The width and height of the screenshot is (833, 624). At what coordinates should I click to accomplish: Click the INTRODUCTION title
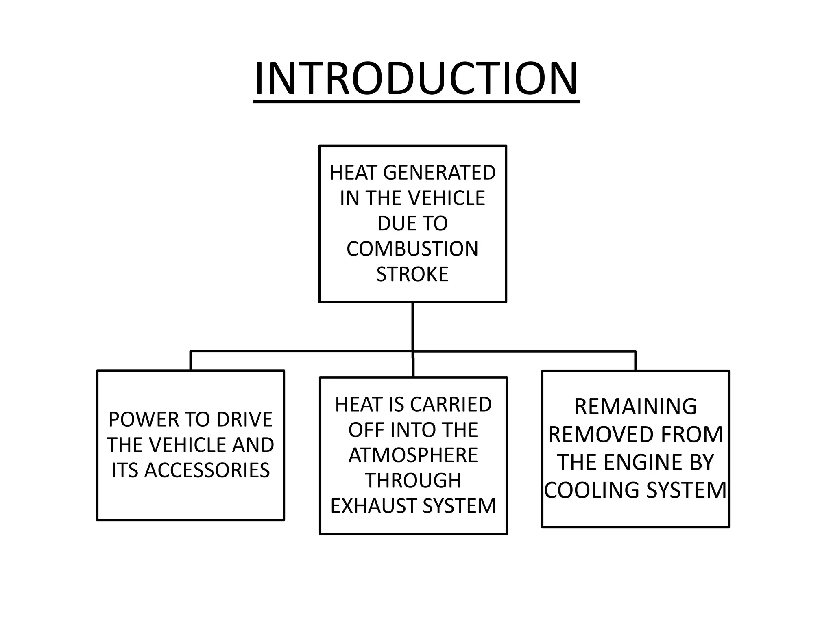pyautogui.click(x=416, y=78)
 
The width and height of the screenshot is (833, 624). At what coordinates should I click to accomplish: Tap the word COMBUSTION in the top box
pyautogui.click(x=412, y=249)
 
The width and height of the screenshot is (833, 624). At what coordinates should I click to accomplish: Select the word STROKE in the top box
pyautogui.click(x=412, y=274)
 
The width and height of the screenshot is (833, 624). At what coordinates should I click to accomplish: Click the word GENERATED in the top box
pyautogui.click(x=439, y=173)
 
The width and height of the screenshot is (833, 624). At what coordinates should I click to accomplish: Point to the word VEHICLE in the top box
pyautogui.click(x=446, y=198)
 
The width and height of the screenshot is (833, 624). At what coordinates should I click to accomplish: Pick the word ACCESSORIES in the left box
pyautogui.click(x=207, y=470)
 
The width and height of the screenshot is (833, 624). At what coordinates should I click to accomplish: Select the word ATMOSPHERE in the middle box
pyautogui.click(x=413, y=455)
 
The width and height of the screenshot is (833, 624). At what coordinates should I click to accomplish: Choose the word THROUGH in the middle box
pyautogui.click(x=413, y=481)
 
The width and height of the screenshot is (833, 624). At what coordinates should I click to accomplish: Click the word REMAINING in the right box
pyautogui.click(x=635, y=407)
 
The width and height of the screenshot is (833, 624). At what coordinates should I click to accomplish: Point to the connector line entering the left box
pyautogui.click(x=190, y=361)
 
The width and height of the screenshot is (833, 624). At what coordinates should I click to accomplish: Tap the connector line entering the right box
pyautogui.click(x=635, y=361)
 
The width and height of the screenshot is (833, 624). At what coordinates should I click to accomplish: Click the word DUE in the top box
pyautogui.click(x=393, y=223)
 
